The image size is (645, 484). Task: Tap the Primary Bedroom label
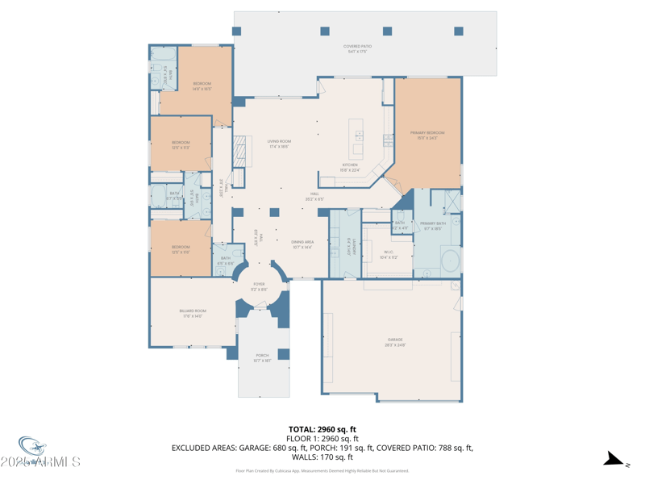(x=427, y=135)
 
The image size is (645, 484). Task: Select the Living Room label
(x=279, y=144)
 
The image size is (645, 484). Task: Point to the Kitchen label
(x=349, y=167)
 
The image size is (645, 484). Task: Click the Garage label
(x=394, y=342)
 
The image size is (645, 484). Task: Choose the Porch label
(x=262, y=357)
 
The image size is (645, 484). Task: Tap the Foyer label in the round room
(x=259, y=286)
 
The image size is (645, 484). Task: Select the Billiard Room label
(x=193, y=313)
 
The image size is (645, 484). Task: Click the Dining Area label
(x=302, y=244)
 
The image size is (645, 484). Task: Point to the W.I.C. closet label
(x=389, y=254)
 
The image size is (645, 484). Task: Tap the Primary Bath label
(x=432, y=225)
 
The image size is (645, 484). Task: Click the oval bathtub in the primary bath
(x=450, y=261)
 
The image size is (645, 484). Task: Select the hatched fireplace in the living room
(x=238, y=151)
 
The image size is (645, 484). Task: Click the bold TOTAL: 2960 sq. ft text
(x=322, y=429)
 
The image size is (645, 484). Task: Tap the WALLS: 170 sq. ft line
(x=322, y=457)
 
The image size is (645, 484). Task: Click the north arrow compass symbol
(x=616, y=460)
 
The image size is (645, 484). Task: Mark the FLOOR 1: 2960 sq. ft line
(x=322, y=438)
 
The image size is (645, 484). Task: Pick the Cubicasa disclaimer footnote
(x=322, y=470)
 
